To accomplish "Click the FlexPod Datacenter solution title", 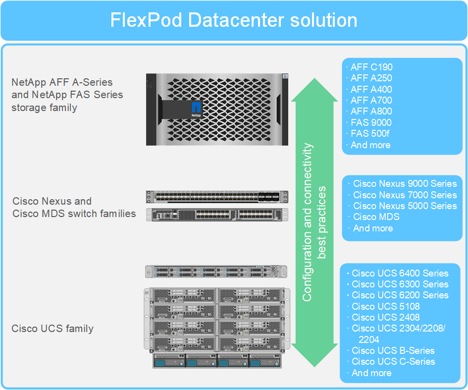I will (x=234, y=20).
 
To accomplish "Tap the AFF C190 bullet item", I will (x=371, y=67).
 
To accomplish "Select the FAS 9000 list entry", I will (x=371, y=123).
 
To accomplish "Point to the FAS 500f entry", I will (x=370, y=134).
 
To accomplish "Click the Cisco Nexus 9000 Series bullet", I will (x=405, y=184).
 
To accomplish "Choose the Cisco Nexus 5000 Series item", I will (x=405, y=206).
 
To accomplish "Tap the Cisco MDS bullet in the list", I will (x=376, y=217).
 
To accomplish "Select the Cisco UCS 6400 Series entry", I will (x=400, y=274).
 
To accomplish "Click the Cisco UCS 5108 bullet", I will (x=385, y=306).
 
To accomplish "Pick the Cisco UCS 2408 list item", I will (x=385, y=318).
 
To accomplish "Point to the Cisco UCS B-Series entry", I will (x=393, y=351).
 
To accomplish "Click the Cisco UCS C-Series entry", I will (x=393, y=362).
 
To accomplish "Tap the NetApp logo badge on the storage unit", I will (x=196, y=109).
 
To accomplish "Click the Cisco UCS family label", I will (x=52, y=329).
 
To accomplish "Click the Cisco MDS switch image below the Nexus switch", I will (x=217, y=215).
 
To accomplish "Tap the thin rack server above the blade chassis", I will (x=216, y=272).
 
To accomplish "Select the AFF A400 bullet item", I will (x=371, y=90).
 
